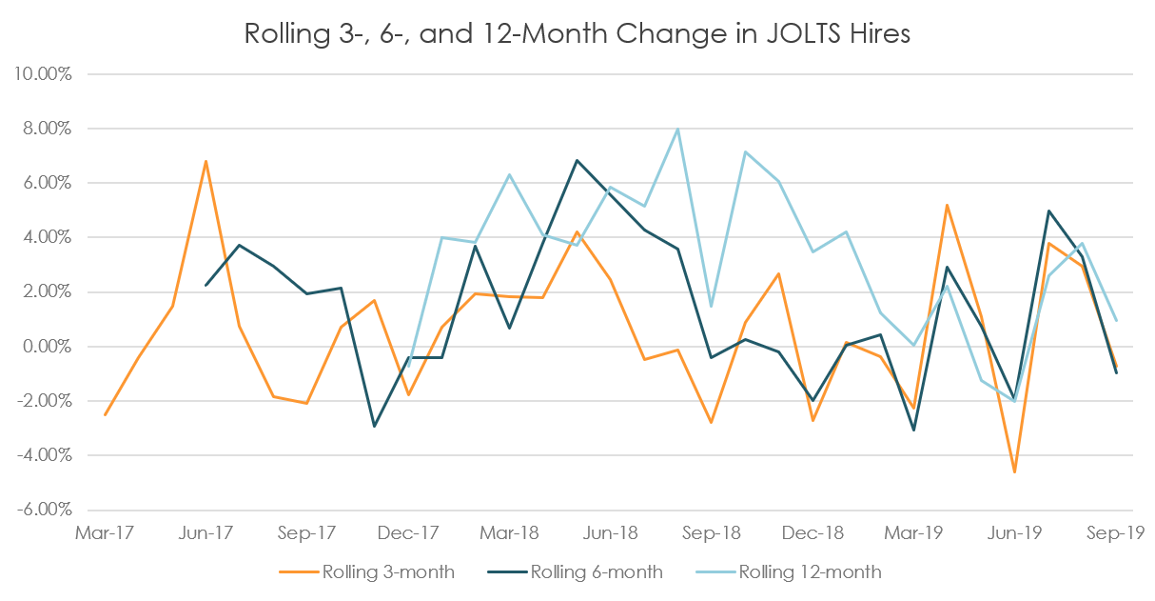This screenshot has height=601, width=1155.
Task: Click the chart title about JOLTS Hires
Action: pyautogui.click(x=577, y=34)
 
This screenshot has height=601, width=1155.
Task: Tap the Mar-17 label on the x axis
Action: pyautogui.click(x=104, y=533)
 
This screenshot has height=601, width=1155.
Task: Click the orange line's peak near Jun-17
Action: pyautogui.click(x=206, y=161)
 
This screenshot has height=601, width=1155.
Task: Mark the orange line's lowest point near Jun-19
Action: pyautogui.click(x=1015, y=471)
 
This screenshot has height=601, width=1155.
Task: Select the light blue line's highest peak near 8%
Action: pyautogui.click(x=676, y=129)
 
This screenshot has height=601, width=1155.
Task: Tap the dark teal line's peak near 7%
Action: pyautogui.click(x=576, y=160)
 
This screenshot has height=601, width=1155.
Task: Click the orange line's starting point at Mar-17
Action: pyautogui.click(x=105, y=415)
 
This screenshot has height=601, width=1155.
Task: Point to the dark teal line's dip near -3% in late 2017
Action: pyautogui.click(x=375, y=426)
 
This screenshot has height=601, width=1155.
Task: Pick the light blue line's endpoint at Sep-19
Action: pyautogui.click(x=1116, y=320)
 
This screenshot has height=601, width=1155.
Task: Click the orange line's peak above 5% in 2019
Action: pyautogui.click(x=948, y=205)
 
